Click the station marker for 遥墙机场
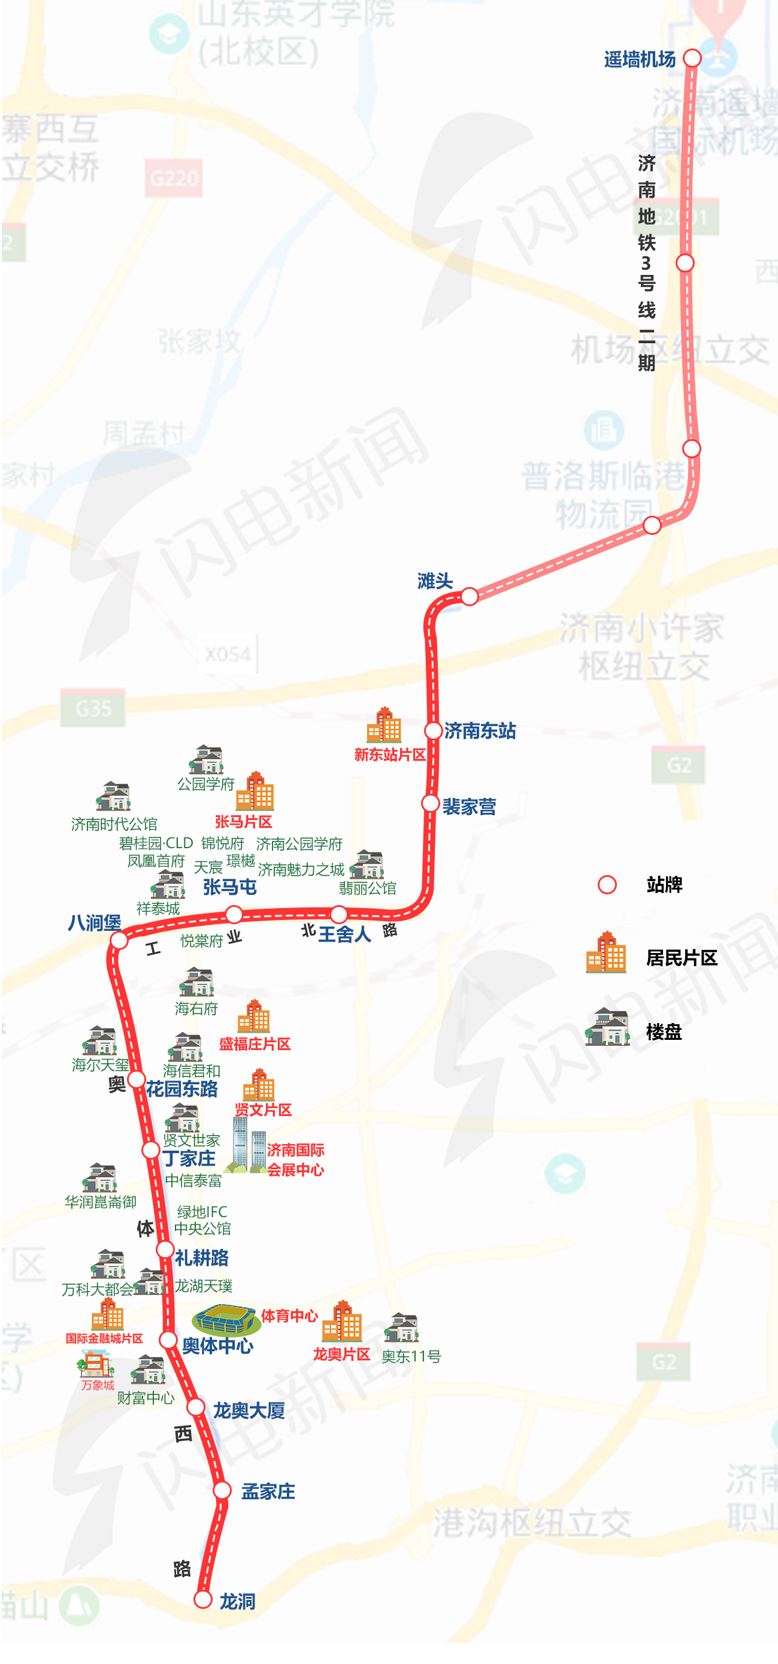click(x=692, y=58)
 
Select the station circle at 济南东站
click(x=433, y=731)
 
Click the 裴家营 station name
click(x=469, y=806)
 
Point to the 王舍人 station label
click(x=345, y=933)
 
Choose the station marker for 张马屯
click(x=234, y=914)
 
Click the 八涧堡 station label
click(x=94, y=922)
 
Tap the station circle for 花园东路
click(x=136, y=1079)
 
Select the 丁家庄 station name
click(x=189, y=1158)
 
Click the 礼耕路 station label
click(x=201, y=1258)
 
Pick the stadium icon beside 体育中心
click(x=226, y=1319)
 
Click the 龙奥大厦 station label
click(x=249, y=1410)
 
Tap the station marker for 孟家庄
click(x=222, y=1490)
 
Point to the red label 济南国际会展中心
click(x=295, y=1160)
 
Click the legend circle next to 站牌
click(x=607, y=884)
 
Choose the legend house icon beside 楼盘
click(x=607, y=1028)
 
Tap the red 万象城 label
click(x=98, y=1384)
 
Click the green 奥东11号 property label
click(x=411, y=1356)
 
